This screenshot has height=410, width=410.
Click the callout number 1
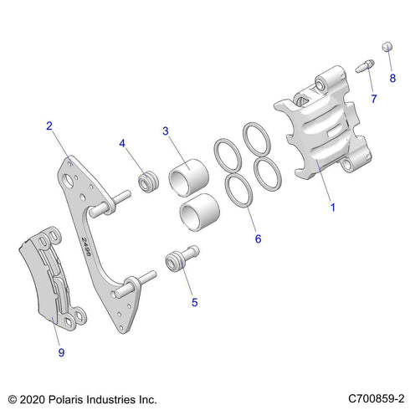pyautogui.click(x=333, y=206)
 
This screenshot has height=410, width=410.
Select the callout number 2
pyautogui.click(x=50, y=126)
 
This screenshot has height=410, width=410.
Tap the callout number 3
pyautogui.click(x=166, y=131)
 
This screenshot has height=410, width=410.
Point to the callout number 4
pyautogui.click(x=122, y=143)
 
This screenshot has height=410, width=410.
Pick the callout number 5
pyautogui.click(x=194, y=302)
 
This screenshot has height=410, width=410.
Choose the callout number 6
pyautogui.click(x=258, y=238)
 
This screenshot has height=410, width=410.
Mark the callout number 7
pyautogui.click(x=373, y=99)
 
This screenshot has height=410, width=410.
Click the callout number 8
pyautogui.click(x=392, y=78)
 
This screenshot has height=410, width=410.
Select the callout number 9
pyautogui.click(x=61, y=352)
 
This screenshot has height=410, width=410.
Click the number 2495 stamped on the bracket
pyautogui.click(x=85, y=249)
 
